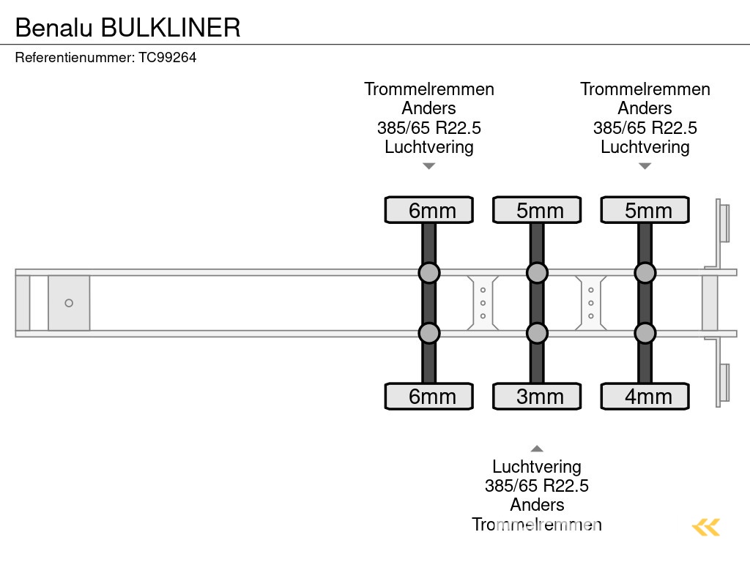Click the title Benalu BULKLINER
(x=127, y=27)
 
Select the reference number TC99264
(x=168, y=58)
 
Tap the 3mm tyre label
(x=537, y=397)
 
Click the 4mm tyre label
(x=645, y=397)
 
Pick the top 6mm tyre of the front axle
(x=429, y=210)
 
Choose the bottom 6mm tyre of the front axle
(x=429, y=397)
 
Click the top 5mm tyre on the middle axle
(x=537, y=210)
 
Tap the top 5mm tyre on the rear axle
(x=645, y=210)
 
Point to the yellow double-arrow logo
(x=706, y=527)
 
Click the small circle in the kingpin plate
(x=69, y=303)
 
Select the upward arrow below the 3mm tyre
(x=537, y=449)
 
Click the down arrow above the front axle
(x=429, y=166)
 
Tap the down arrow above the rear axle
(x=645, y=166)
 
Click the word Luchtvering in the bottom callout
(x=537, y=467)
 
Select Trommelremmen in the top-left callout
(x=429, y=89)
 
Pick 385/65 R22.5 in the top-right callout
(x=645, y=128)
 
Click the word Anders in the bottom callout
(x=537, y=505)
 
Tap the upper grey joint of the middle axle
(x=537, y=273)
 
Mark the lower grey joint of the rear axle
(x=645, y=334)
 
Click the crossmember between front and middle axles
(x=483, y=303)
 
